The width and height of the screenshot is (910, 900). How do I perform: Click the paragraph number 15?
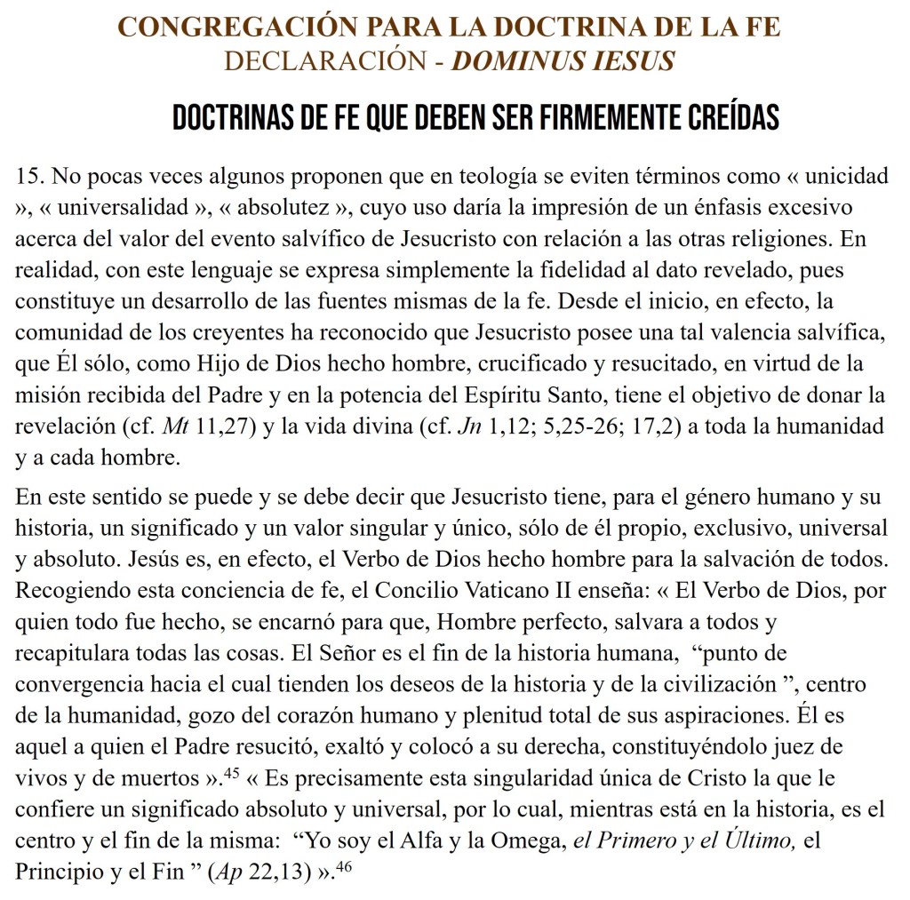click(30, 175)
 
